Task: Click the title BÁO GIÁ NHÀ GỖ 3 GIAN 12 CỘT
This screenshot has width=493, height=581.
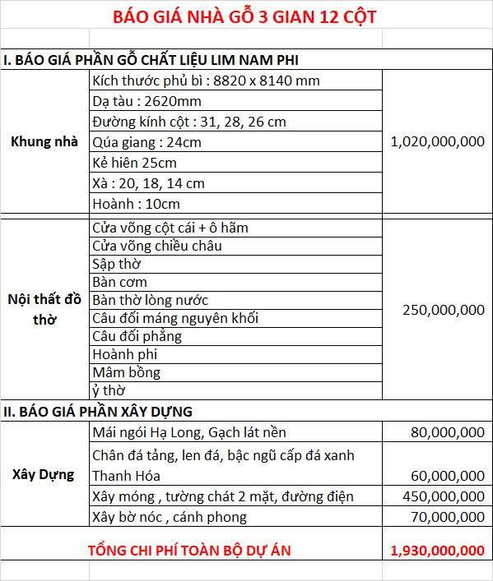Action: pos(246,16)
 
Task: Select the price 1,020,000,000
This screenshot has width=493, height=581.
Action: pos(438,141)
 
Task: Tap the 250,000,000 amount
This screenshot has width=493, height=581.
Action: pos(443,310)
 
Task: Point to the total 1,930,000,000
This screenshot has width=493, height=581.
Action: pos(438,550)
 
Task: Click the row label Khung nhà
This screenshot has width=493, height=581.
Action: pos(44,141)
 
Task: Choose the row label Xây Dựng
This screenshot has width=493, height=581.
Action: pos(44,474)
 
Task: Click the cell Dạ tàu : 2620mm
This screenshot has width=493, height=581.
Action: pos(147,101)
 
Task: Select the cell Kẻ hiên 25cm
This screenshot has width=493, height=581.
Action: pos(134,162)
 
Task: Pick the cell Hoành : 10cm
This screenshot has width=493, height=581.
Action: pos(136,203)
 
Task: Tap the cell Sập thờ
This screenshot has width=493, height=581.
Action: pos(116,264)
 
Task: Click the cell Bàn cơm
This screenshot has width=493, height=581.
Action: pos(119,282)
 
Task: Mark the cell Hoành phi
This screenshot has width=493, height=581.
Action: pos(124,354)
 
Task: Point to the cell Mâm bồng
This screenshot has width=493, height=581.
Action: pos(126,372)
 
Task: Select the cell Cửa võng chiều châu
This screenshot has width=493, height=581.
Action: pos(157,246)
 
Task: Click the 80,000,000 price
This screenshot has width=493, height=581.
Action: pos(448,432)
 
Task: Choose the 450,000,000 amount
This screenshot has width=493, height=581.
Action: pos(443,496)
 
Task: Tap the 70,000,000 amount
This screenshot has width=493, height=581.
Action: pos(448,517)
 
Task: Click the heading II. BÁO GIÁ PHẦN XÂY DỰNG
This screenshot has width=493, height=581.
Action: pos(98,412)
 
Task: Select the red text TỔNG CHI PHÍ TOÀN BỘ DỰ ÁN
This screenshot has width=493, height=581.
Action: pos(189,550)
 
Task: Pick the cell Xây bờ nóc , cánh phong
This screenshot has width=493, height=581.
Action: pos(170,517)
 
